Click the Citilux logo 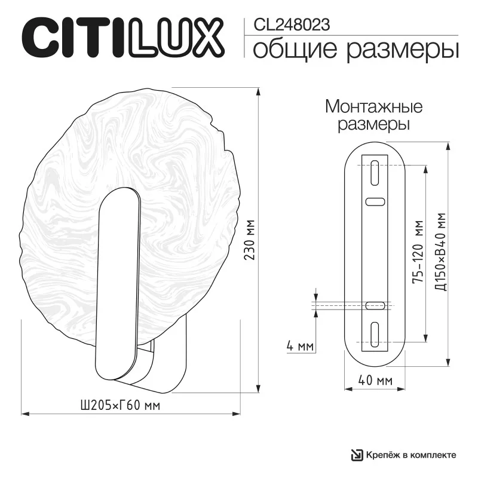123,38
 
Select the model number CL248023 292,24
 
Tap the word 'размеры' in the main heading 402,51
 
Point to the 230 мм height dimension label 250,240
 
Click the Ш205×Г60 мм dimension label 120,406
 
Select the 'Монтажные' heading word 374,107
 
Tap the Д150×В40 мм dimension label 440,252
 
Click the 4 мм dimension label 300,347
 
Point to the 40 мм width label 375,380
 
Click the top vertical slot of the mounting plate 375,173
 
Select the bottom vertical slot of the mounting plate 375,335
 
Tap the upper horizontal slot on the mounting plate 375,202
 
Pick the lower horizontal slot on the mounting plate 375,305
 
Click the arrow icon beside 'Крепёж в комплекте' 357,455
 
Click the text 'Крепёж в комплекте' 411,455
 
